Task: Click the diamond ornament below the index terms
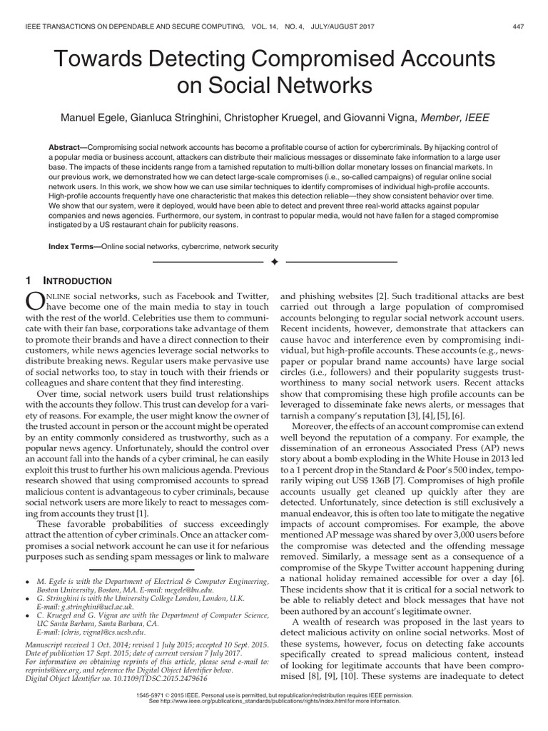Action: pyautogui.click(x=274, y=263)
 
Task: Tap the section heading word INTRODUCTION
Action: pyautogui.click(x=80, y=281)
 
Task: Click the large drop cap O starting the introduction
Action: pyautogui.click(x=37, y=300)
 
